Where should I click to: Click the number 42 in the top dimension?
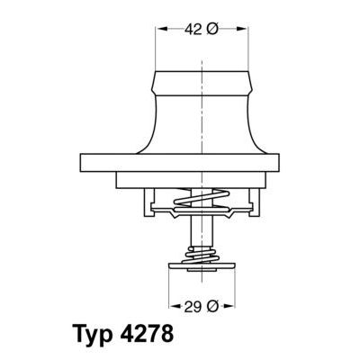[x=192, y=30]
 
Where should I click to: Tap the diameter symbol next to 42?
[x=212, y=30]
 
